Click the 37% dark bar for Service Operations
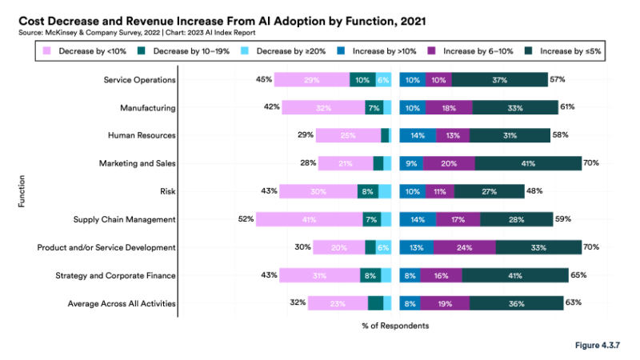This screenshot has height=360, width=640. pos(500,79)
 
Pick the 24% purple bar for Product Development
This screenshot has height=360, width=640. pos(464,247)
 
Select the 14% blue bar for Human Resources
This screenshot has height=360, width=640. pos(418,135)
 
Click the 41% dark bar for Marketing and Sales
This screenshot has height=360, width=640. pos(528,163)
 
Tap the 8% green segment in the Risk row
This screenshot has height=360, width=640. pos(368,191)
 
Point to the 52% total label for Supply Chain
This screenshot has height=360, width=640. pos(245,218)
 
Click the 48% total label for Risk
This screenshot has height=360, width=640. pos(535,190)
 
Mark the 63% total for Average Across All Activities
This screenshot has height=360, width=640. pos(573,302)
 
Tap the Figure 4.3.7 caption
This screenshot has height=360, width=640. pos(598,346)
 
